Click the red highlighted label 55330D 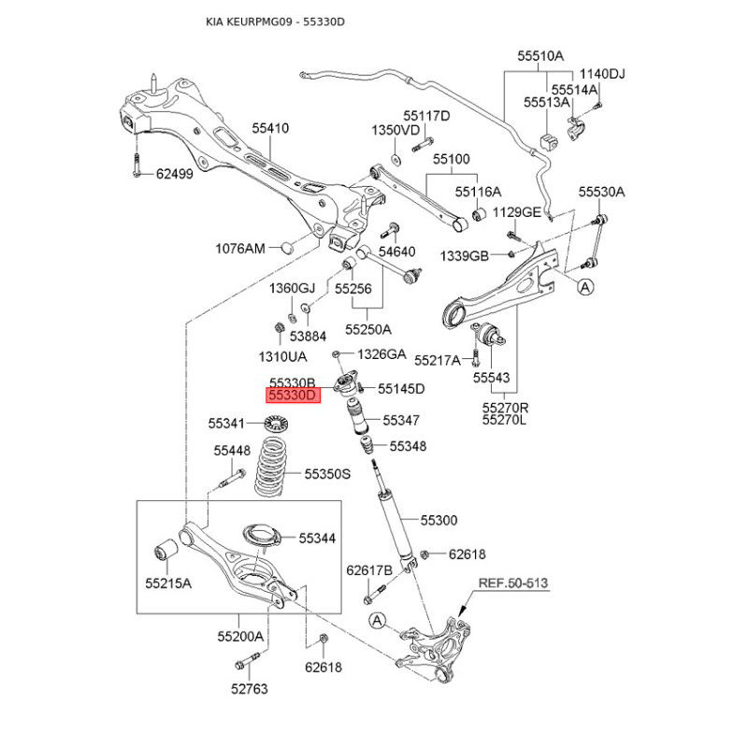(294, 396)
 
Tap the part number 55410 (269, 128)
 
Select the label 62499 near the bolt (174, 173)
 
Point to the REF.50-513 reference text (512, 583)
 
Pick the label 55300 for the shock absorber (439, 520)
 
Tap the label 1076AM (240, 249)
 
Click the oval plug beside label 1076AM (288, 249)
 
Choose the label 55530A (600, 192)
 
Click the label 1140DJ (602, 74)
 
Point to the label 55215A (167, 583)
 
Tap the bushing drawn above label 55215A (166, 551)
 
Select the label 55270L (505, 421)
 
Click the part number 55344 (317, 539)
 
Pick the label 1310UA (283, 356)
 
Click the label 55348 (408, 447)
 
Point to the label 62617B (369, 569)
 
